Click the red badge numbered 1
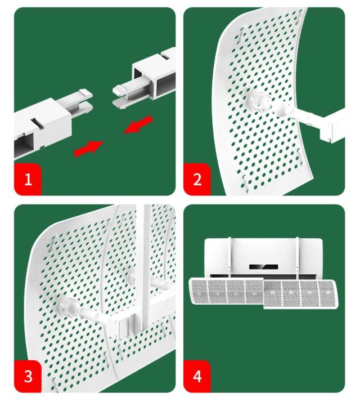[x=28, y=179]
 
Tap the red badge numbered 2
[x=197, y=179]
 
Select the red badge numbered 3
[x=28, y=376]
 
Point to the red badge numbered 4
[x=197, y=376]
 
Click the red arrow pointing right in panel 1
[x=89, y=148]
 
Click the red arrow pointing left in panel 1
[x=138, y=124]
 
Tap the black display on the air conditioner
[x=264, y=267]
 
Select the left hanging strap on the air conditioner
[x=229, y=258]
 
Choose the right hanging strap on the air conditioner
[x=297, y=258]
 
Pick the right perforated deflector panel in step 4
[x=300, y=294]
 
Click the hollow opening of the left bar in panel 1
[x=24, y=146]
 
